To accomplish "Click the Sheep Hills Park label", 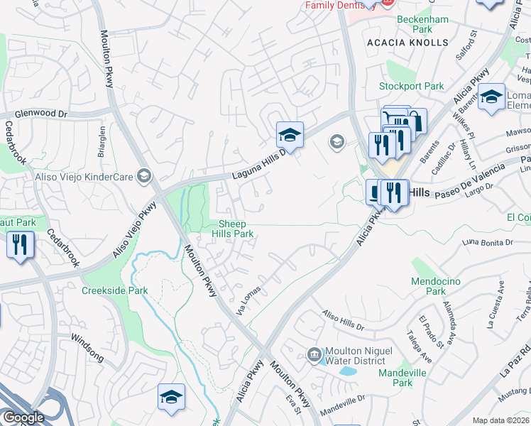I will click(234, 228).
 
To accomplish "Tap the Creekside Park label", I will click(114, 290).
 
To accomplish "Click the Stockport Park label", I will click(411, 87).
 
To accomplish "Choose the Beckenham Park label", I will click(424, 24).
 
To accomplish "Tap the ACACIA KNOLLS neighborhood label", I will click(407, 43).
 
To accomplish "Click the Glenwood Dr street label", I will click(42, 114).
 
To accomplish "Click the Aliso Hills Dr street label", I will click(342, 321).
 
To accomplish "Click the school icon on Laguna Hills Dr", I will click(290, 134).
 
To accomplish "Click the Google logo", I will click(23, 417).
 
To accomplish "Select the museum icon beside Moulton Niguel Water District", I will click(314, 354).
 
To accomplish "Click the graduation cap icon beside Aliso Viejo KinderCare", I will click(144, 175).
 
